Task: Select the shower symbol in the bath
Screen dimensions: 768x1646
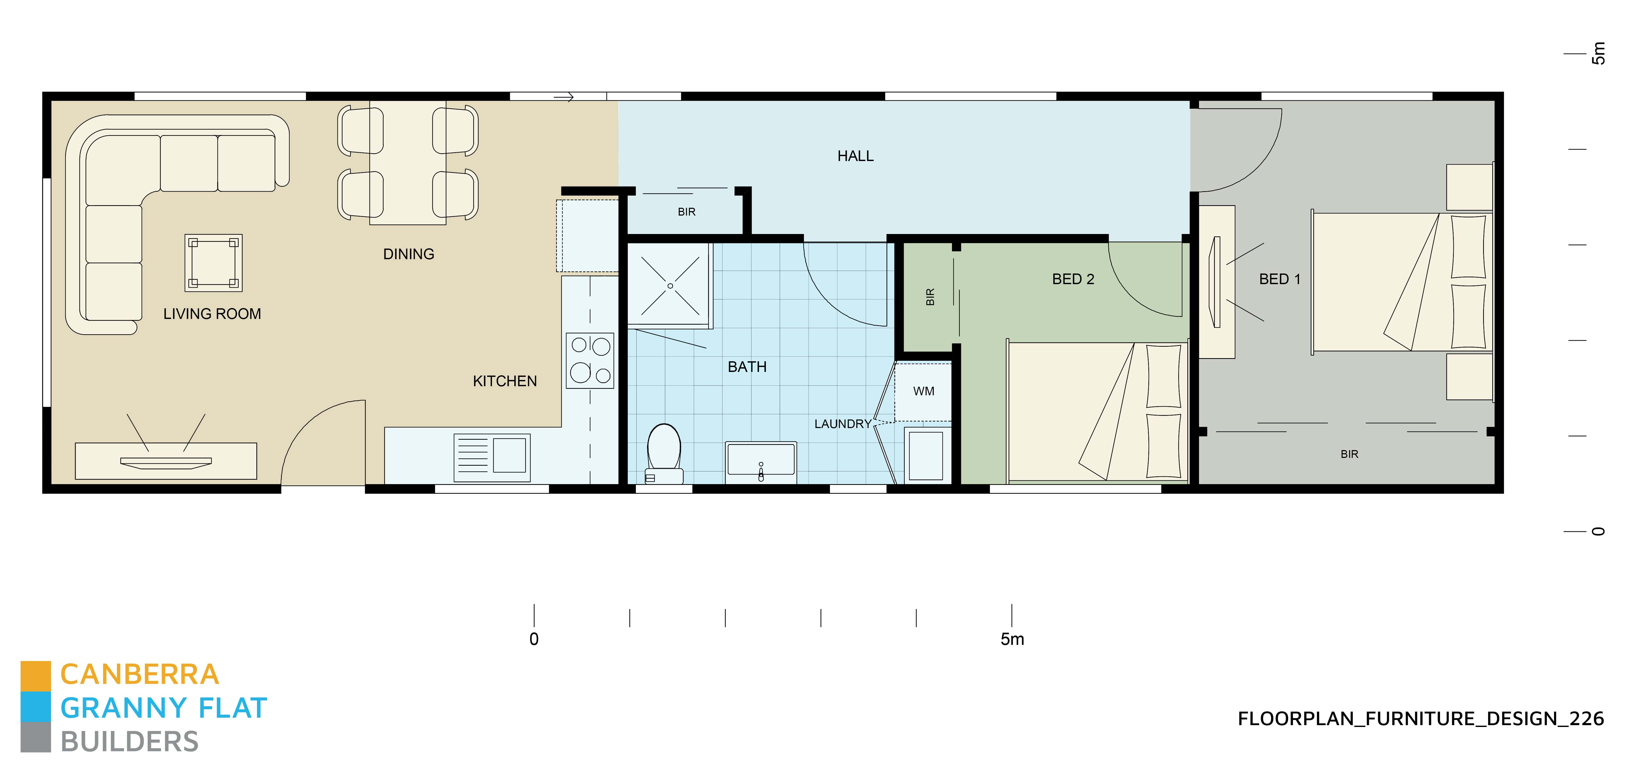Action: pyautogui.click(x=670, y=286)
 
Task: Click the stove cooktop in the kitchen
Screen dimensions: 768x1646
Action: pyautogui.click(x=590, y=360)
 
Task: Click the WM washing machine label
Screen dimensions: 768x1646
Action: pyautogui.click(x=923, y=391)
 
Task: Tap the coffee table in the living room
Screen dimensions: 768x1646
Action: pyautogui.click(x=214, y=263)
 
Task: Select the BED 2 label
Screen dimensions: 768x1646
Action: pyautogui.click(x=1073, y=279)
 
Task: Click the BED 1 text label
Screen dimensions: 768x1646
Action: pyautogui.click(x=1279, y=279)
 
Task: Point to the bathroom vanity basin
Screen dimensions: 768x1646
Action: pyautogui.click(x=760, y=460)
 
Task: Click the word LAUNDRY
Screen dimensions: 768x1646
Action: pyautogui.click(x=842, y=424)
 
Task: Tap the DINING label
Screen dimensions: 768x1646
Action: pyautogui.click(x=408, y=254)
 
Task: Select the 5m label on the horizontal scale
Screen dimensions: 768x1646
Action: pyautogui.click(x=1012, y=639)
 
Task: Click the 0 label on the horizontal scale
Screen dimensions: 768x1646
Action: pyautogui.click(x=534, y=639)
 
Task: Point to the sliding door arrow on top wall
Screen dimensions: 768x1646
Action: pyautogui.click(x=564, y=97)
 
